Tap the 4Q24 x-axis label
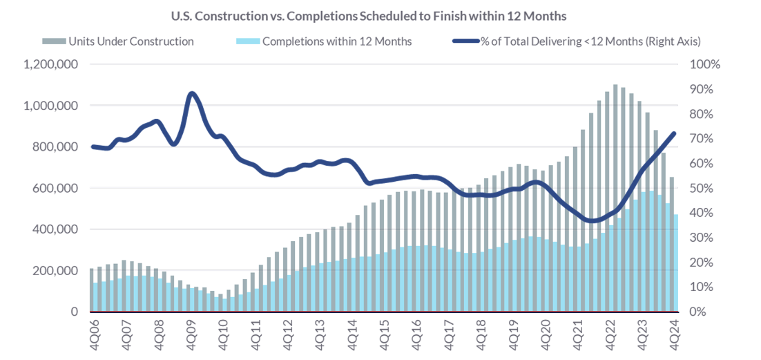[674, 331]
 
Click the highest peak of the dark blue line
[191, 93]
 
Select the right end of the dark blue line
[674, 133]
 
